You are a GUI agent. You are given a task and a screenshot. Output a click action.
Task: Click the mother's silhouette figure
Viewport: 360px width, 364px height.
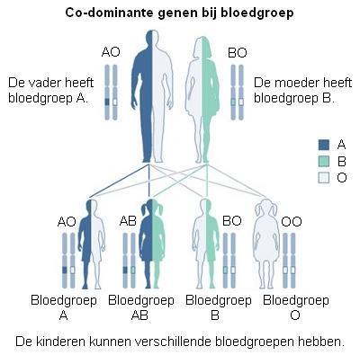pos(202,99)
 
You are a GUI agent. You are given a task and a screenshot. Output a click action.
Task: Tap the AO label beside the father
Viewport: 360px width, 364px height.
pos(111,52)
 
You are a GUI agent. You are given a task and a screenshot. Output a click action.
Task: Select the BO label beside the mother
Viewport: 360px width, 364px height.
pos(238,53)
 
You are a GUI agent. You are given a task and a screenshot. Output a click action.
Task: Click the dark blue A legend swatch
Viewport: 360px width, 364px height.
pos(324,145)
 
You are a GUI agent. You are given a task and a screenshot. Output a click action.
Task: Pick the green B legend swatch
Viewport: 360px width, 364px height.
pos(324,162)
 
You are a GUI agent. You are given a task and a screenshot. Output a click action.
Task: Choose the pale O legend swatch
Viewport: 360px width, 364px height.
pos(324,178)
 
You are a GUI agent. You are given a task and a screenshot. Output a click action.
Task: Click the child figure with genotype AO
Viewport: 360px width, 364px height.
pos(91,244)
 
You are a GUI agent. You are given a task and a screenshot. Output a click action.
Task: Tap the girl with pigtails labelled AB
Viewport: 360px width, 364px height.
pos(152,244)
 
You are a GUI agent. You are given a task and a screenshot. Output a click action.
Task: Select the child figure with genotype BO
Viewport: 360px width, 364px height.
pos(205,244)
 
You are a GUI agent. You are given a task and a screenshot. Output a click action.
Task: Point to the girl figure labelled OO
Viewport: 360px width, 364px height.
pos(266,244)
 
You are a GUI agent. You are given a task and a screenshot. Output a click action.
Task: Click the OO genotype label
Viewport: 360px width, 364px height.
pos(292,222)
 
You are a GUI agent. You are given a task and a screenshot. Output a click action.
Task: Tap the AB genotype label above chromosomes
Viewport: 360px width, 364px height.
pos(128,221)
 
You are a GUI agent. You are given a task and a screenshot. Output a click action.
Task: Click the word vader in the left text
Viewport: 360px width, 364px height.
pos(41,83)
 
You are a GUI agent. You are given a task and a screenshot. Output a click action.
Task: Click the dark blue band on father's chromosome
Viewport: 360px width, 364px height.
pos(107,102)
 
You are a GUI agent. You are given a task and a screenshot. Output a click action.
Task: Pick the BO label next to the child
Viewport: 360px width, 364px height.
pos(232,221)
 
